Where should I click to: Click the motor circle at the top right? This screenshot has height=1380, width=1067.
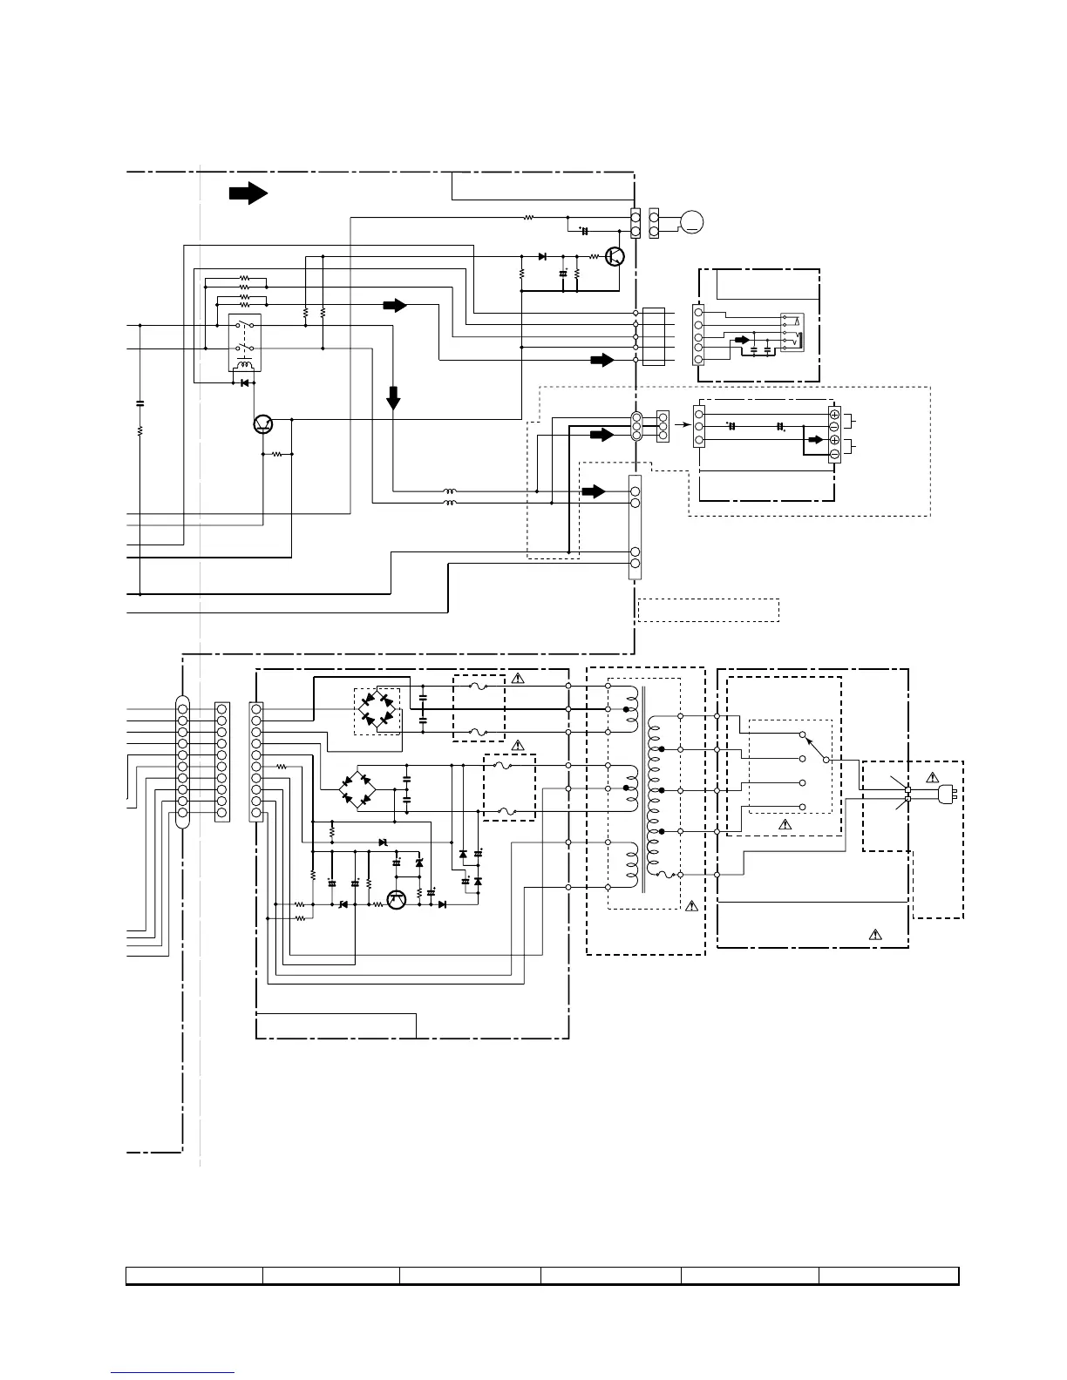pyautogui.click(x=692, y=222)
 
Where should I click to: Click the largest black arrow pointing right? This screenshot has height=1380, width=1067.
pyautogui.click(x=248, y=193)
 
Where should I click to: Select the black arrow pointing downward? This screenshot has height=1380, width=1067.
pyautogui.click(x=393, y=397)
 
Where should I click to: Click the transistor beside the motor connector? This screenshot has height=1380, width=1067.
pyautogui.click(x=616, y=256)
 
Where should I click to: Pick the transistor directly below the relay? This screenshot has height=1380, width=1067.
pyautogui.click(x=263, y=424)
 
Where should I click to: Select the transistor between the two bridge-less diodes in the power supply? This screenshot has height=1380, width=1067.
pyautogui.click(x=397, y=900)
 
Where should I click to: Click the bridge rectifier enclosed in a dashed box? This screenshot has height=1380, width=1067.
pyautogui.click(x=377, y=709)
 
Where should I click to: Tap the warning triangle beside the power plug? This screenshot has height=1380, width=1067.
pyautogui.click(x=932, y=776)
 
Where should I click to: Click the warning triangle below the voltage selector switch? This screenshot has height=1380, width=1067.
pyautogui.click(x=785, y=822)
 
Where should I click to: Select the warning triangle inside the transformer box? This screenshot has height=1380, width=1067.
pyautogui.click(x=691, y=906)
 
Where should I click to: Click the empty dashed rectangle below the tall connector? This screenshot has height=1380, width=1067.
pyautogui.click(x=708, y=610)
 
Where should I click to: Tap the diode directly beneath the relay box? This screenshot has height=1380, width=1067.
pyautogui.click(x=245, y=382)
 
